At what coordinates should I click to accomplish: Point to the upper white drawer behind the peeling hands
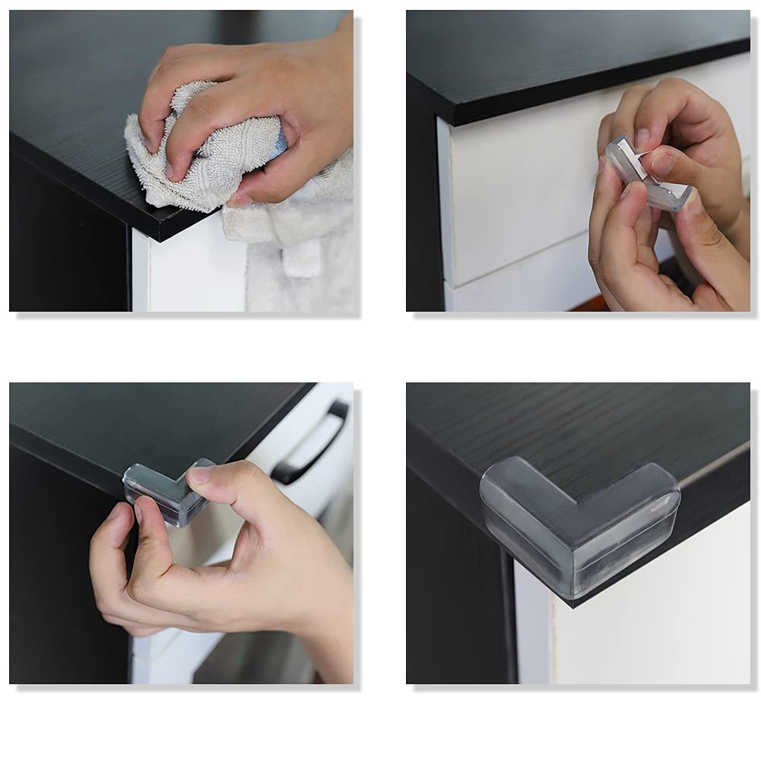pyautogui.click(x=525, y=190)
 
